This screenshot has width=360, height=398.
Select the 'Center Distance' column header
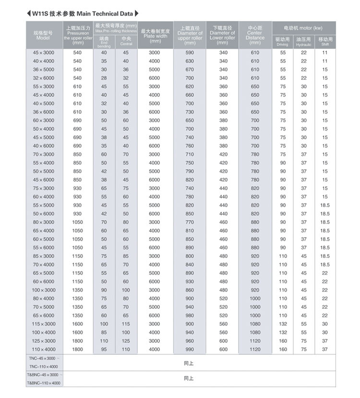click(255, 35)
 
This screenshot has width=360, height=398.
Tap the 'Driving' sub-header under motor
click(283, 42)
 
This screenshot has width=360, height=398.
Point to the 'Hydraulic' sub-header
click(304, 42)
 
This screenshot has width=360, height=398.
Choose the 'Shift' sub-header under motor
click(325, 42)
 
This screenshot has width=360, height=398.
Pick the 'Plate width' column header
click(155, 35)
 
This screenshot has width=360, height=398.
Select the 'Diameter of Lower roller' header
click(223, 35)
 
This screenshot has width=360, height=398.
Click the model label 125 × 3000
click(44, 341)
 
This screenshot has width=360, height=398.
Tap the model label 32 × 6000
click(44, 78)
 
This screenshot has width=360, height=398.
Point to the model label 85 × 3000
click(44, 256)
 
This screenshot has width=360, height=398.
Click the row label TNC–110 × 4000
click(44, 366)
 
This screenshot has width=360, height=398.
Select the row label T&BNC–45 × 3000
click(44, 375)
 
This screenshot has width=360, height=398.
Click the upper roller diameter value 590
click(190, 53)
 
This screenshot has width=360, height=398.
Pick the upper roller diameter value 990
click(190, 350)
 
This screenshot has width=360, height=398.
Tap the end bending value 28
click(104, 78)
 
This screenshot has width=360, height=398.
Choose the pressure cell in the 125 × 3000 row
click(77, 341)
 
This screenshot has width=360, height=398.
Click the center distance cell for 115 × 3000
click(255, 324)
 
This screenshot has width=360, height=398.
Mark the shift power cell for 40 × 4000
click(325, 61)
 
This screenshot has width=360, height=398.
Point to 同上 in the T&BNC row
click(189, 378)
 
